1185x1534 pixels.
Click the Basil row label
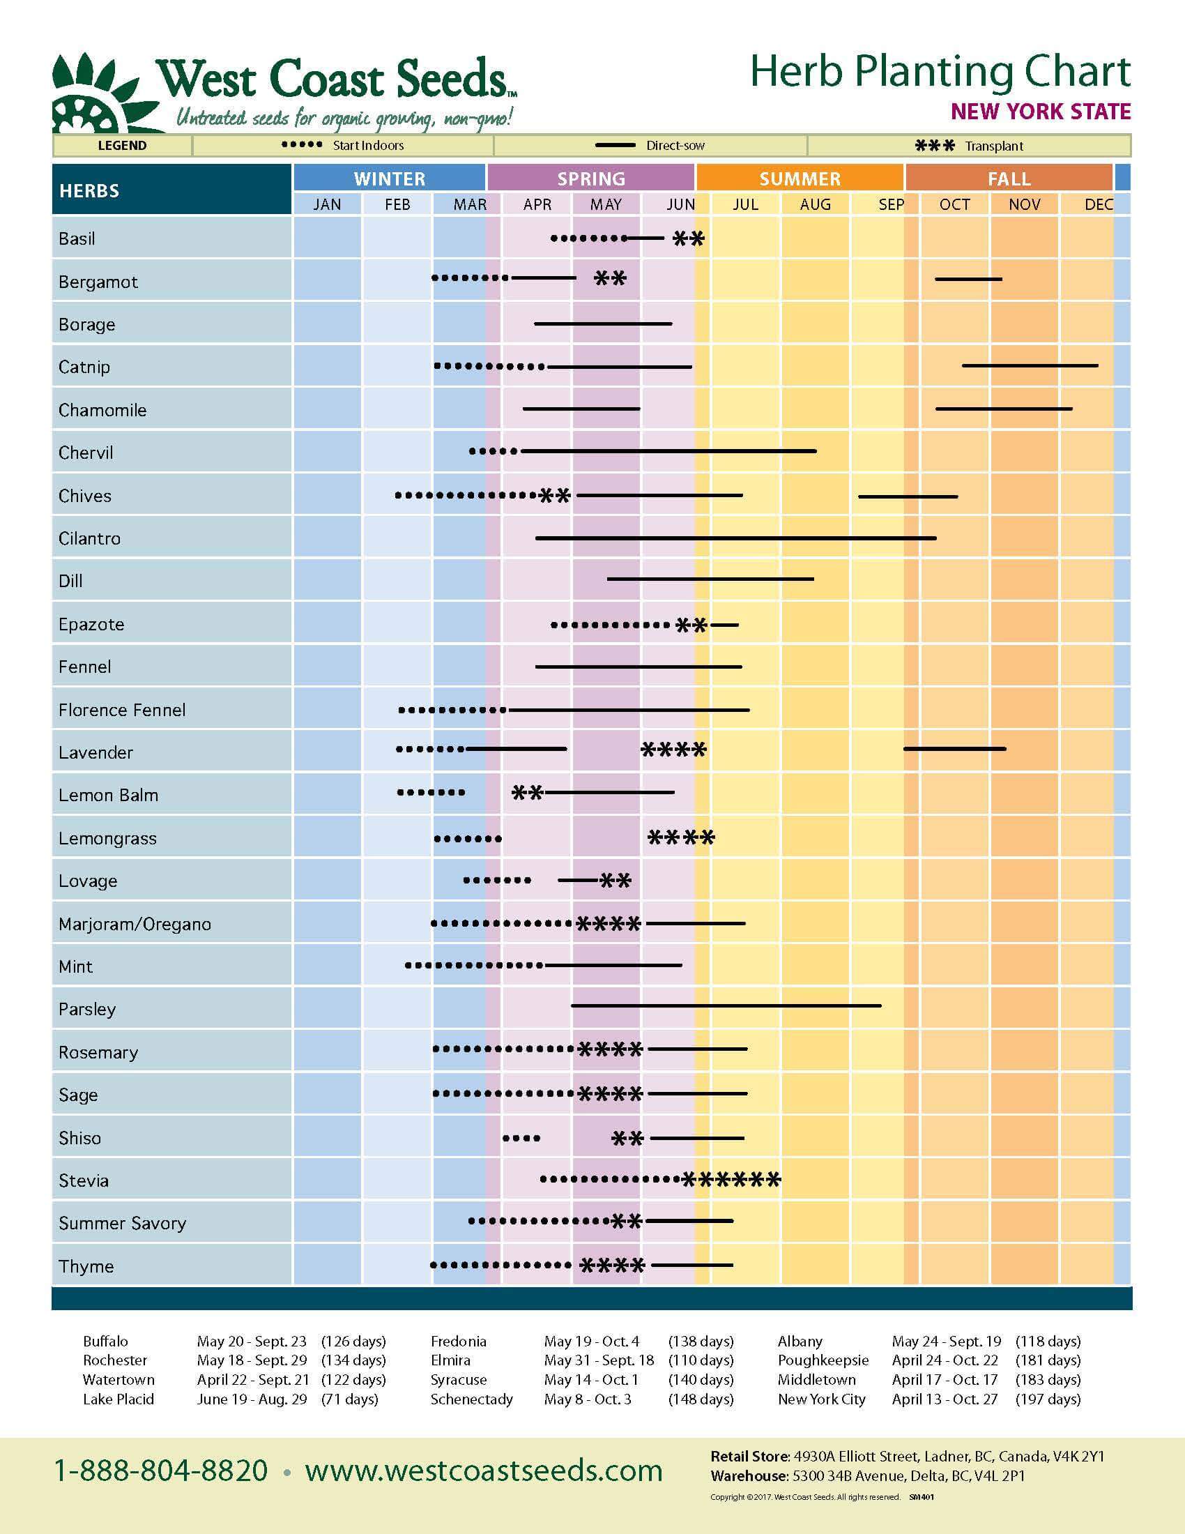click(77, 238)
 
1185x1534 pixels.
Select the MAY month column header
click(606, 204)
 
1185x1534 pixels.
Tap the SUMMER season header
click(800, 179)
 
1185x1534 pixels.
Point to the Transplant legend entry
click(969, 146)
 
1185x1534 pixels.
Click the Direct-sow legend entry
click(650, 146)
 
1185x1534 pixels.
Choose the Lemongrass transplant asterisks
click(681, 837)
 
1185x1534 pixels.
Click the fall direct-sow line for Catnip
click(1030, 366)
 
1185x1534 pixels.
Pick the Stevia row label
click(84, 1180)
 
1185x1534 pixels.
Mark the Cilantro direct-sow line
click(735, 538)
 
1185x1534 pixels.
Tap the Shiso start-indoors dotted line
click(521, 1138)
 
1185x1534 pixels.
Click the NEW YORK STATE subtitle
click(1041, 112)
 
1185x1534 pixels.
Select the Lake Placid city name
click(118, 1399)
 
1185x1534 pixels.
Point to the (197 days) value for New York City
click(1048, 1399)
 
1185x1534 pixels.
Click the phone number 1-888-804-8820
click(161, 1471)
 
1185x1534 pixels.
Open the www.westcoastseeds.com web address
click(484, 1471)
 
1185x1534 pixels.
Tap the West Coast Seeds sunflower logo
click(98, 95)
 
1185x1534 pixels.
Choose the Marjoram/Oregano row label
click(135, 924)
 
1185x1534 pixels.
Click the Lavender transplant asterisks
click(674, 750)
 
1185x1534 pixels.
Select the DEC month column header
click(1098, 204)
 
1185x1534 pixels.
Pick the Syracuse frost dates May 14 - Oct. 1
click(590, 1379)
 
